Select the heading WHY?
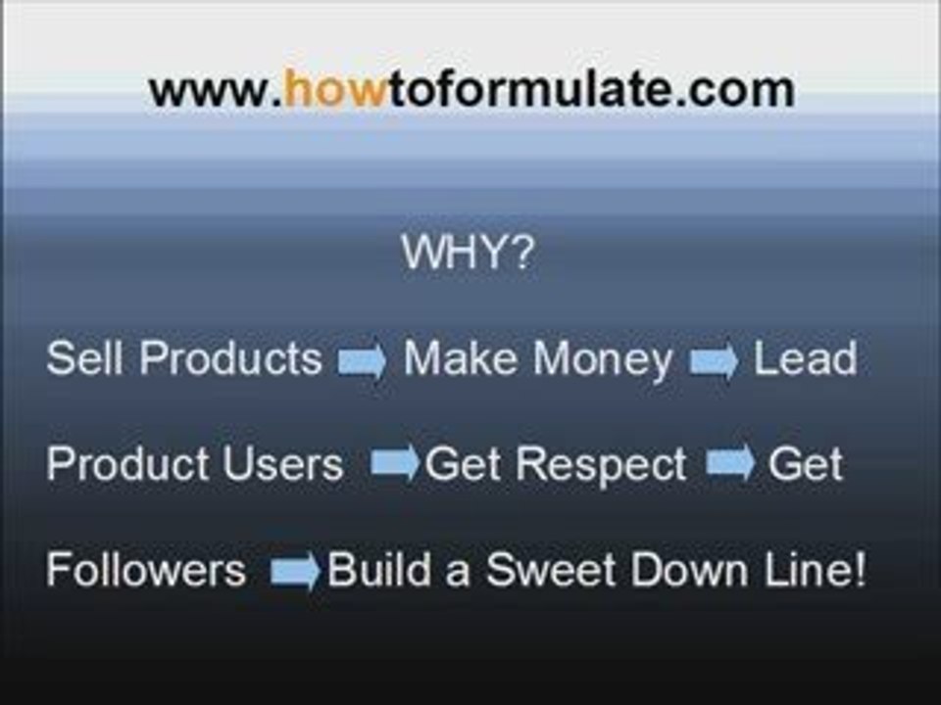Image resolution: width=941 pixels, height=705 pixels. [468, 252]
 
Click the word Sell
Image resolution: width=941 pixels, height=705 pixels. [84, 358]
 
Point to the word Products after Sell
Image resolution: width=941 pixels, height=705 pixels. [231, 358]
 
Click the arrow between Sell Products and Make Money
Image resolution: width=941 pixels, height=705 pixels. [362, 360]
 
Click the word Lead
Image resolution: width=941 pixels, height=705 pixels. [806, 358]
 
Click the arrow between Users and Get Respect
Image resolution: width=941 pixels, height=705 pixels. [395, 462]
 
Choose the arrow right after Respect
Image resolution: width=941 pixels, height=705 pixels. [730, 462]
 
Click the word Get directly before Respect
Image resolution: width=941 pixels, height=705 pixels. [462, 464]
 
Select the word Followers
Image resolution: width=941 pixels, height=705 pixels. [146, 569]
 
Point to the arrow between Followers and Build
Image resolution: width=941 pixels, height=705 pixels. [295, 571]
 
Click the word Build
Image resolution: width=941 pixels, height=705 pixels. [379, 569]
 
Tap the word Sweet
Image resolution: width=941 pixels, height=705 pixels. [551, 569]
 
